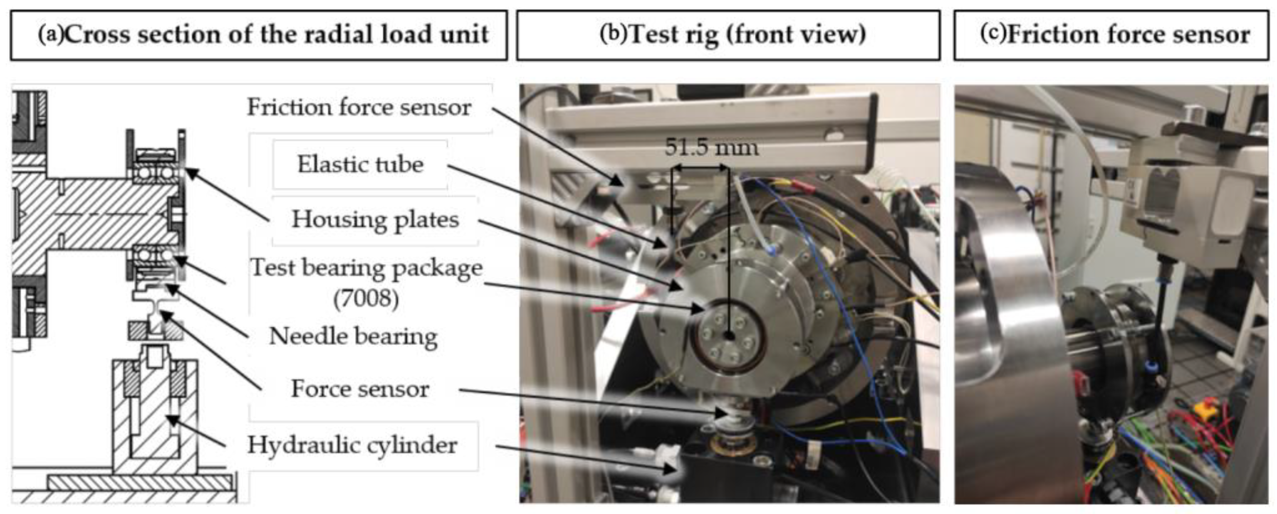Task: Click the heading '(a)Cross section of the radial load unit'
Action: tap(263, 34)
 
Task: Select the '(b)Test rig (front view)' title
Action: tap(733, 34)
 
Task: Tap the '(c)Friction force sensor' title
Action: tap(1115, 34)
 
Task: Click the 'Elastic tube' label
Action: tap(360, 165)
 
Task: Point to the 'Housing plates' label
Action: tap(375, 220)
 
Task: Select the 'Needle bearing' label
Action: tap(353, 337)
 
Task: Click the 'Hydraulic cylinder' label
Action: tap(352, 445)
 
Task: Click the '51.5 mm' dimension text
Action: tap(711, 147)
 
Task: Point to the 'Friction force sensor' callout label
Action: tap(359, 107)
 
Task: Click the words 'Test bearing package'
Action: tap(366, 268)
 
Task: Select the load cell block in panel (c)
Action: tap(1190, 208)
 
